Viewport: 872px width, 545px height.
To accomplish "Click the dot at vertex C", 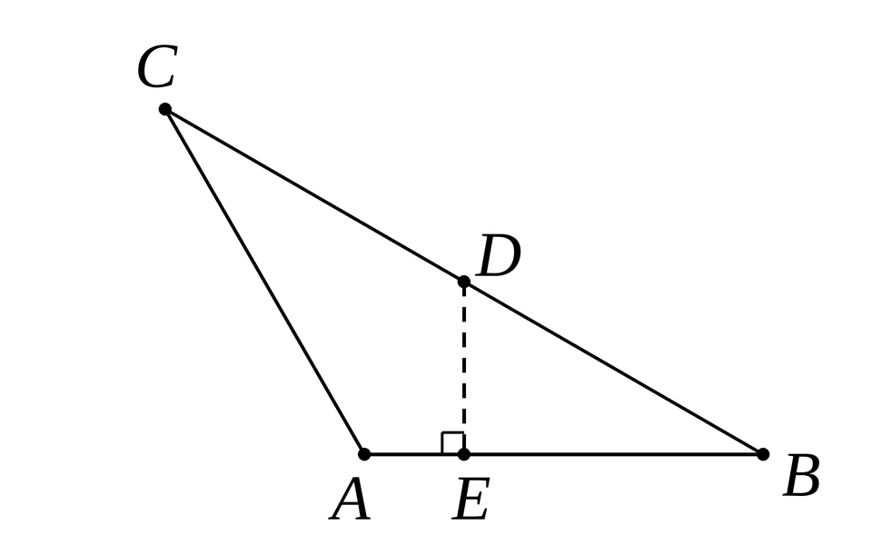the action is pyautogui.click(x=164, y=109).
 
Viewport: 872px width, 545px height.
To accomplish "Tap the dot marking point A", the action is pyautogui.click(x=363, y=454).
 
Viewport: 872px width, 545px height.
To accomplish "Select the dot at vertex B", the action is pyautogui.click(x=763, y=454).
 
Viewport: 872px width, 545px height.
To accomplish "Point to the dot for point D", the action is pyautogui.click(x=464, y=282).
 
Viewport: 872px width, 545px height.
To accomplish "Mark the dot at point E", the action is pyautogui.click(x=464, y=454).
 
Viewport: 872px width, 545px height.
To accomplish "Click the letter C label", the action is pyautogui.click(x=157, y=66).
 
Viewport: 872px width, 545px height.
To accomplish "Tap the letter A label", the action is pyautogui.click(x=350, y=500).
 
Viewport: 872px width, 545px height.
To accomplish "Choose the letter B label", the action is pyautogui.click(x=801, y=475).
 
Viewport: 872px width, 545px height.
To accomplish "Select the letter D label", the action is pyautogui.click(x=499, y=255).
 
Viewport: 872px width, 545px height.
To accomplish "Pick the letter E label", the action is pyautogui.click(x=471, y=499).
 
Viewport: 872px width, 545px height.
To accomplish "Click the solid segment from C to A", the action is pyautogui.click(x=264, y=282).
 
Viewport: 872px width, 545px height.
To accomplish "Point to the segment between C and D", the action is pyautogui.click(x=314, y=196).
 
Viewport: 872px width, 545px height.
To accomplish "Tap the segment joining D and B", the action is pyautogui.click(x=613, y=368).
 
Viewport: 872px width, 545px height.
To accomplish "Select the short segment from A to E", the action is pyautogui.click(x=414, y=454).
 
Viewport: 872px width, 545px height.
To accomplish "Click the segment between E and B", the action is pyautogui.click(x=613, y=454).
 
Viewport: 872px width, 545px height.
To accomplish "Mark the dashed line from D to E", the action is pyautogui.click(x=464, y=368).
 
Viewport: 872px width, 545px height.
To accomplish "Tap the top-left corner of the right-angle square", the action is pyautogui.click(x=442, y=432).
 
